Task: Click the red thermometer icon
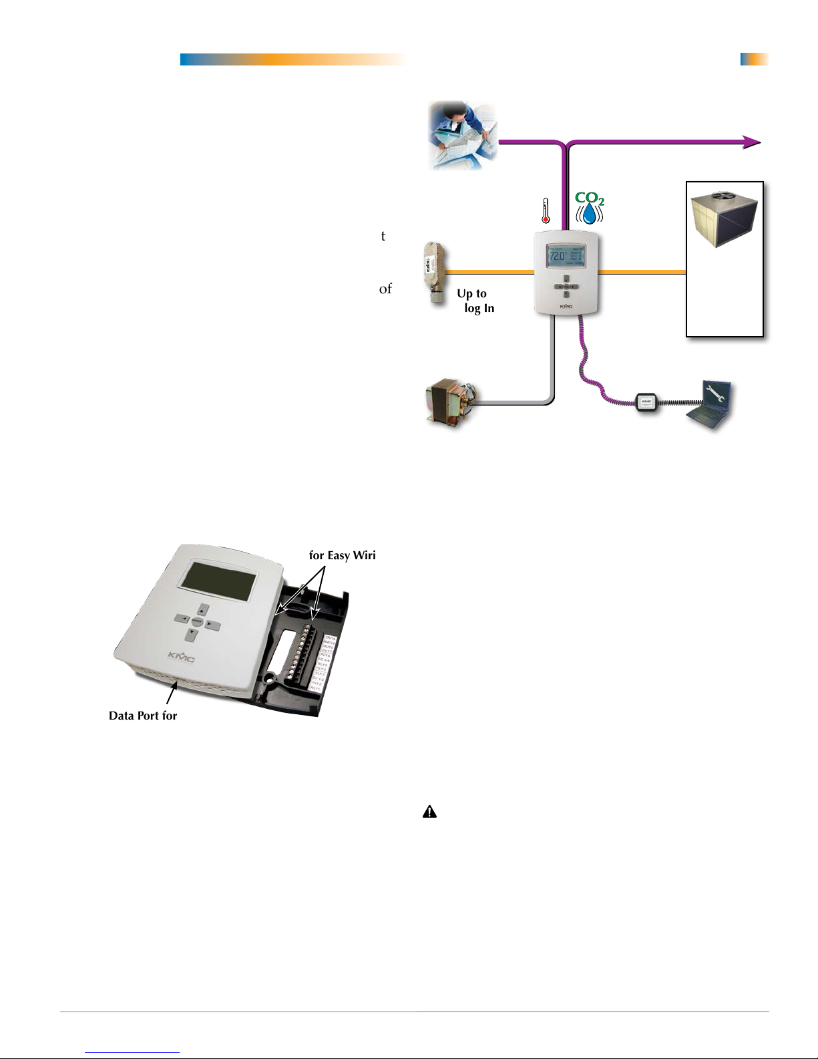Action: coord(546,210)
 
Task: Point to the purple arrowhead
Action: coord(753,142)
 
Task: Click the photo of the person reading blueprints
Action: coord(463,135)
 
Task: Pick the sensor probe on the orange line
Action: coord(432,274)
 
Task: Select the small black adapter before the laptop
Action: coord(646,403)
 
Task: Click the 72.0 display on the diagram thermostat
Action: coord(558,256)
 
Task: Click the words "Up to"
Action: coord(471,294)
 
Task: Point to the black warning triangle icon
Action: coord(429,812)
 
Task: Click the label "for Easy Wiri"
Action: coord(342,555)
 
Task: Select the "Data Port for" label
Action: coord(143,716)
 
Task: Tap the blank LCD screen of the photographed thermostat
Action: coord(219,580)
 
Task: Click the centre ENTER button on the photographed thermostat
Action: coord(196,621)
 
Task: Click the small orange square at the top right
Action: coord(754,59)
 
